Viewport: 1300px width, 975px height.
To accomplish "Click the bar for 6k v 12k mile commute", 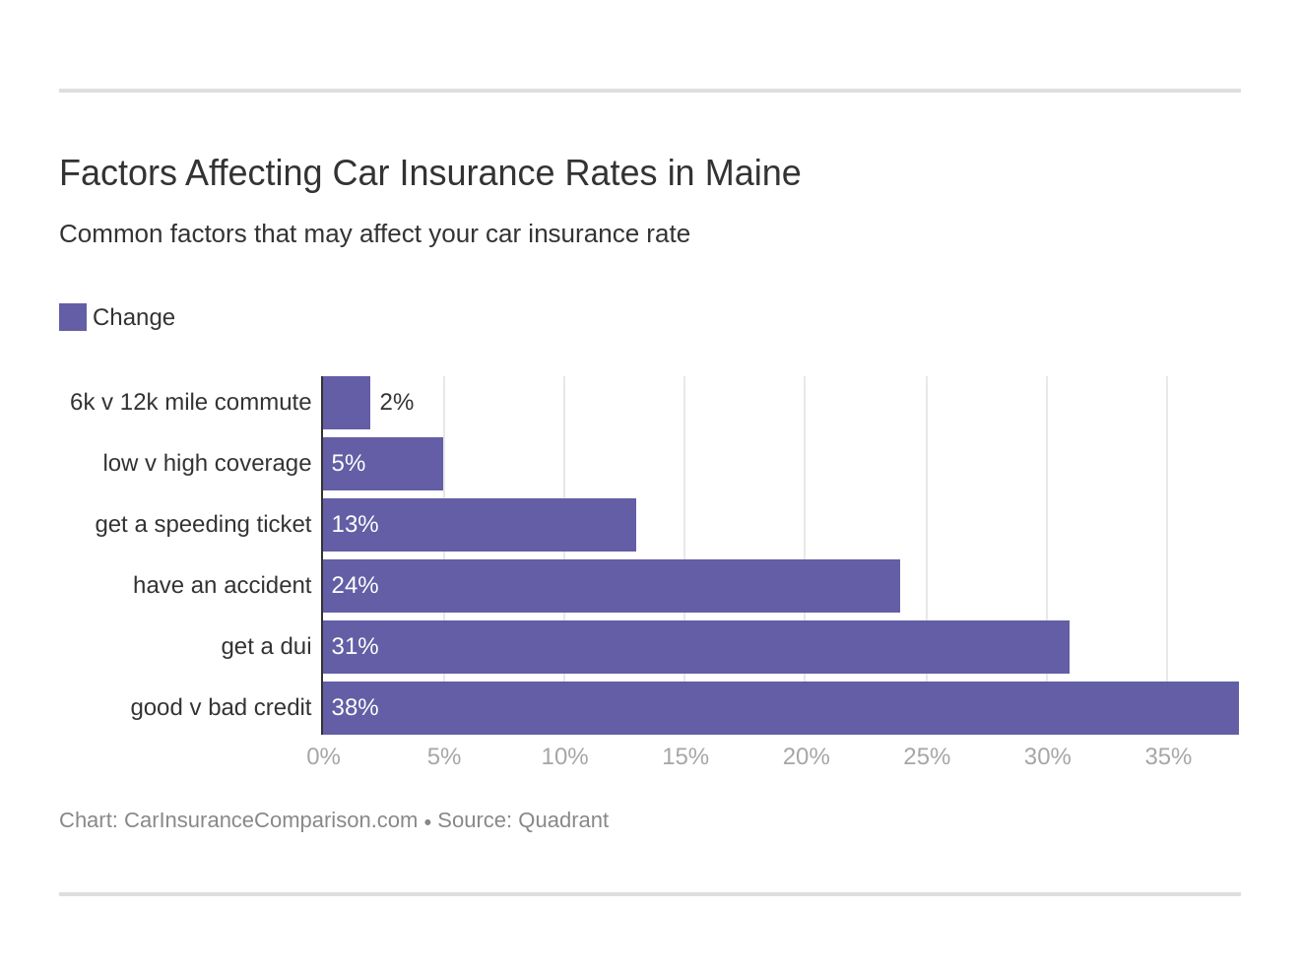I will pos(347,403).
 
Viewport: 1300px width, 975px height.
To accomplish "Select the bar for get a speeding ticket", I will pos(480,525).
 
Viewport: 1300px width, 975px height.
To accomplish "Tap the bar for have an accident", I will pos(611,586).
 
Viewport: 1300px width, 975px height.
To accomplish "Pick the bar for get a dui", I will pos(695,647).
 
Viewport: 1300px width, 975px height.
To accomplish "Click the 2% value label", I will pos(396,403).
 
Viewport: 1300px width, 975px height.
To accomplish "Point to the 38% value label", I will pos(355,708).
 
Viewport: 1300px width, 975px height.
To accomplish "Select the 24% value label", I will pos(355,586).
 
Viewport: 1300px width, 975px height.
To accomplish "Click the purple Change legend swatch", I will pos(73,317).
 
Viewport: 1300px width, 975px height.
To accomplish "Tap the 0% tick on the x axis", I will pos(323,756).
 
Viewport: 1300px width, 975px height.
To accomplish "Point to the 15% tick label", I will pos(685,756).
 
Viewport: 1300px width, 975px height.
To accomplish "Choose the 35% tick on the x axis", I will pos(1168,756).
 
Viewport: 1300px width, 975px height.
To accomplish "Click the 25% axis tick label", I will pos(927,756).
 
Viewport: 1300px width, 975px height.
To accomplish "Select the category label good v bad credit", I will pos(221,708).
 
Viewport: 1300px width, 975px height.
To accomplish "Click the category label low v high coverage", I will pos(207,464).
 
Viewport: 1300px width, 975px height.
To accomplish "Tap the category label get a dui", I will pos(266,647).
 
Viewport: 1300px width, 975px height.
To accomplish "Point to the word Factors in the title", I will pos(117,173).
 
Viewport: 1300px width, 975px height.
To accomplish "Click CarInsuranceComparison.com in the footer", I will pos(271,820).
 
